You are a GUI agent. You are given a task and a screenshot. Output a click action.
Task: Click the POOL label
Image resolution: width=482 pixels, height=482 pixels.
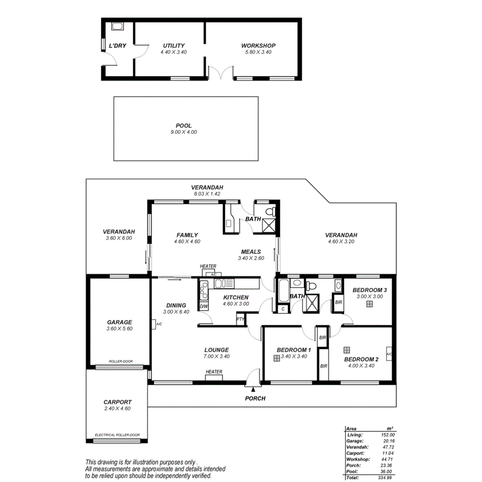[x=184, y=126]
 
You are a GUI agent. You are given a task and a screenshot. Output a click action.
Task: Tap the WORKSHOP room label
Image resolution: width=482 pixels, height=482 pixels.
[x=258, y=46]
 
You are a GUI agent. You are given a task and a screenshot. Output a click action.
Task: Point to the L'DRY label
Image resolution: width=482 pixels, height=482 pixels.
[x=117, y=46]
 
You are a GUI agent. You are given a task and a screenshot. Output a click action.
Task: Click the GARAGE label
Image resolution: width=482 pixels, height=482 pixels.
[x=119, y=322]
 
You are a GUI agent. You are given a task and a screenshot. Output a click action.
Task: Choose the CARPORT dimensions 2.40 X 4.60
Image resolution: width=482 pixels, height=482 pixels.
[x=117, y=409]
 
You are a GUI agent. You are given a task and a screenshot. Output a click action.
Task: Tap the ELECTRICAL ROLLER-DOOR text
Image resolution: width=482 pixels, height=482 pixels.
[x=117, y=435]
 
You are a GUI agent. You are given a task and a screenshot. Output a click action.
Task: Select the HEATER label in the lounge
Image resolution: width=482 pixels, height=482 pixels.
[x=214, y=372]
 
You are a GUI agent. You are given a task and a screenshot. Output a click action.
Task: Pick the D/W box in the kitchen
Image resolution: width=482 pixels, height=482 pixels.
[x=203, y=306]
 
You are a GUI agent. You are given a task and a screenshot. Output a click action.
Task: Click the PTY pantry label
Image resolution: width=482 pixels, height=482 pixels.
[x=240, y=319]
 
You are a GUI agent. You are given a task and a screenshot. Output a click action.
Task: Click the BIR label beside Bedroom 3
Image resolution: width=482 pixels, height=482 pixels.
[x=338, y=303]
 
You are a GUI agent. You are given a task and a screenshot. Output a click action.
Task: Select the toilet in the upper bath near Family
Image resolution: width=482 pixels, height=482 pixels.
[x=268, y=210]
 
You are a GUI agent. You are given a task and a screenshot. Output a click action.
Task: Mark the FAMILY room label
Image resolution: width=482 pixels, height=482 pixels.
[x=187, y=235]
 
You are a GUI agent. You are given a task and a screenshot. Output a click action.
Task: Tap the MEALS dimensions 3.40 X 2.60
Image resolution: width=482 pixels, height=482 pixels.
[x=251, y=258]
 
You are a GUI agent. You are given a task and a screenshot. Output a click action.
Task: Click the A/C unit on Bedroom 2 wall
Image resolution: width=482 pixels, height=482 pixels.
[x=389, y=354]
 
